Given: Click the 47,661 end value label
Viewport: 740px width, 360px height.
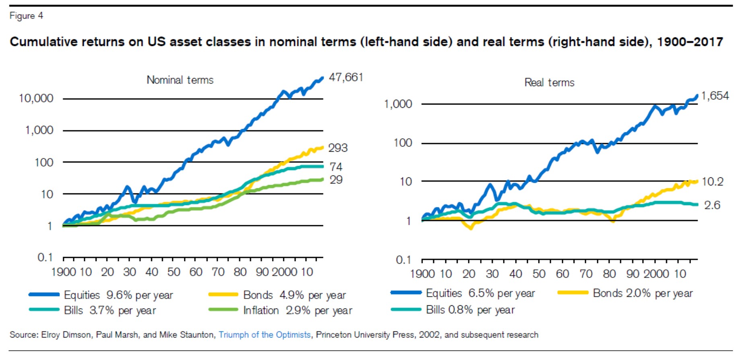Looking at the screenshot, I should [x=346, y=77].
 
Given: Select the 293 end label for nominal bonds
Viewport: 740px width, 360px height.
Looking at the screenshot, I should [x=338, y=148].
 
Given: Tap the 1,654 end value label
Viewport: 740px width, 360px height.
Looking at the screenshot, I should [x=715, y=96].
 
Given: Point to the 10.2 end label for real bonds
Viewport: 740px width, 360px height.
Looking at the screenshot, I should [x=712, y=182].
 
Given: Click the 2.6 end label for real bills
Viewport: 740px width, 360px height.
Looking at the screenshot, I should [x=712, y=205].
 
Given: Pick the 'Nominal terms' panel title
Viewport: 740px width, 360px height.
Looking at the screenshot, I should [x=180, y=80].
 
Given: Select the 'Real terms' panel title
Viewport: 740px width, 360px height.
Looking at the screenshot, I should [x=549, y=82].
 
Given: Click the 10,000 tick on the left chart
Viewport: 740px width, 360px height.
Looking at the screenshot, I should [x=36, y=98].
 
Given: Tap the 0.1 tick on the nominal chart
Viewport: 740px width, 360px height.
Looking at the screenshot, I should [x=45, y=257].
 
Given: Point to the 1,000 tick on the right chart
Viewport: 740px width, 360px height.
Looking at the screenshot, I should [x=398, y=104].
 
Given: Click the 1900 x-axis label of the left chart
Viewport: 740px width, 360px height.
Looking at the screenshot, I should [x=64, y=272].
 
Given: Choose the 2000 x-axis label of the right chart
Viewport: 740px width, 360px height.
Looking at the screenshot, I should [x=656, y=274].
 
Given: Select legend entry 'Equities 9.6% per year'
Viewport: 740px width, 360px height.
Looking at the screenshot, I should [x=118, y=295].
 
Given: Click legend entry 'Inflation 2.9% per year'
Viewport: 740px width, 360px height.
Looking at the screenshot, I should [x=297, y=311].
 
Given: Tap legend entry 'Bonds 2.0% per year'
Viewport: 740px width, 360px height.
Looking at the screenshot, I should [x=643, y=293].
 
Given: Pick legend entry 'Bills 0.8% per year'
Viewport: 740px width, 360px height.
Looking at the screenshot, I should [x=470, y=310].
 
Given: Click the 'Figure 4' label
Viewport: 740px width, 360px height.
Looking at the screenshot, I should [x=26, y=16].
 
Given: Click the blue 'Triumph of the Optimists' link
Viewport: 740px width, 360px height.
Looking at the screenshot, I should [x=264, y=335].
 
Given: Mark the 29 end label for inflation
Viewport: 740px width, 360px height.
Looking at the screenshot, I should [x=336, y=180].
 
